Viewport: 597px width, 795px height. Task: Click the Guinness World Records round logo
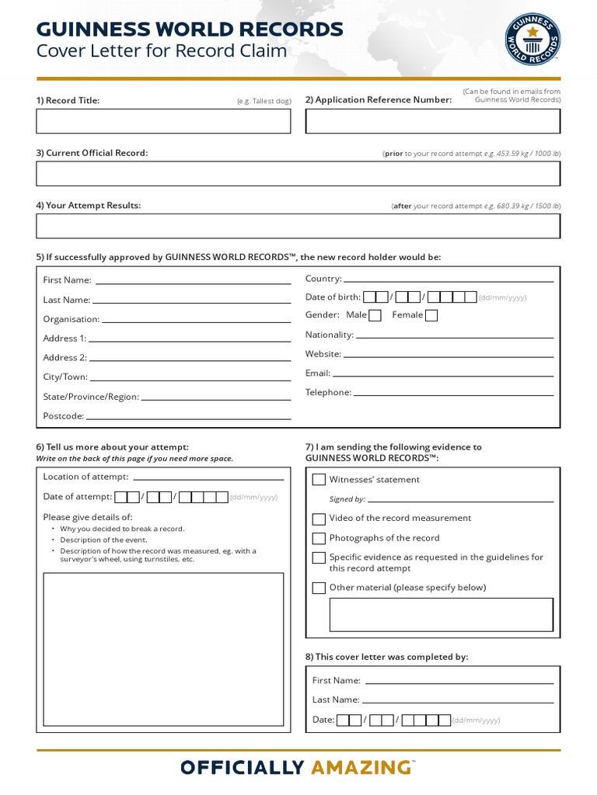pos(532,39)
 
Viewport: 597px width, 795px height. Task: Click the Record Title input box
pos(163,121)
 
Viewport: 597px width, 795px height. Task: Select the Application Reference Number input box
pos(432,121)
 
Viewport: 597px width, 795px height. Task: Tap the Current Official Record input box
pos(298,173)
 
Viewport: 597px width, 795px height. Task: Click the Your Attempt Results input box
pos(298,226)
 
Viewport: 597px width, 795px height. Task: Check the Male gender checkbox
pos(375,315)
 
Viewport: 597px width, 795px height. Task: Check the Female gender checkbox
pos(431,315)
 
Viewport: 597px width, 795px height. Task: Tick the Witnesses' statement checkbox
pos(319,480)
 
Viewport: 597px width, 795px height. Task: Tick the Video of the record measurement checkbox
pos(319,519)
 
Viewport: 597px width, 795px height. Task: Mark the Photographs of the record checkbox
pos(319,538)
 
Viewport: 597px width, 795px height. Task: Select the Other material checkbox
pos(319,588)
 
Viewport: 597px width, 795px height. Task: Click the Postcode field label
pos(63,416)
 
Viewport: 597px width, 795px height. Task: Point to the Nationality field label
pos(329,335)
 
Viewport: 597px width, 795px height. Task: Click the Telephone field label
pos(328,392)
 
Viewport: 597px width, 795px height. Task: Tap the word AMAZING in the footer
pos(361,768)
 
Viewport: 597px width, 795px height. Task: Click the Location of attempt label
pos(86,477)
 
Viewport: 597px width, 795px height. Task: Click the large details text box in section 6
pos(163,649)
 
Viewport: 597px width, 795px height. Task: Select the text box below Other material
pos(442,615)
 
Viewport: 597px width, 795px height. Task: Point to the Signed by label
pos(347,499)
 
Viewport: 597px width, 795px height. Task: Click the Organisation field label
pos(72,319)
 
